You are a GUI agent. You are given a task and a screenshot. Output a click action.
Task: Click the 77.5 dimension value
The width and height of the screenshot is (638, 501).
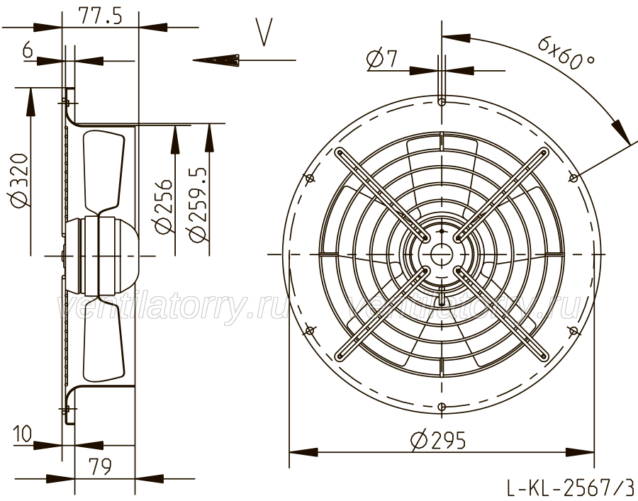tap(100, 16)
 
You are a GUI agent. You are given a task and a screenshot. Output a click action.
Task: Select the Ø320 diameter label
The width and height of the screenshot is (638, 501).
tap(20, 180)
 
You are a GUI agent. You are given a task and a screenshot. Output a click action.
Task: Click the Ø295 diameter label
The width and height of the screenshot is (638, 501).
tap(438, 440)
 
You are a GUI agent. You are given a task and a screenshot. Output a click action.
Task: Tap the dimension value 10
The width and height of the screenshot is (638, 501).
tap(22, 434)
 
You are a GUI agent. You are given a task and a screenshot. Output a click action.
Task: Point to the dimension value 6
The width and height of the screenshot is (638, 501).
tap(28, 50)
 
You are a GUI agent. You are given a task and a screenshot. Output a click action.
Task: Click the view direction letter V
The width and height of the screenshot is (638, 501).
tap(264, 31)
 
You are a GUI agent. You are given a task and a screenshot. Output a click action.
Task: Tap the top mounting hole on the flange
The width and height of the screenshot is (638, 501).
tap(442, 101)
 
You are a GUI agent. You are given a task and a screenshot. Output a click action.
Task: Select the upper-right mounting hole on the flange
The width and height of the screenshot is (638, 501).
tap(573, 178)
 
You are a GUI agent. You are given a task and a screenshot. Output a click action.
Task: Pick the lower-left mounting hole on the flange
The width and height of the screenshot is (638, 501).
tap(310, 330)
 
